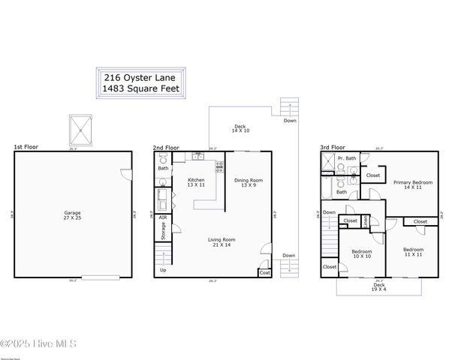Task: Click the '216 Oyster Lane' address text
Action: coord(140,77)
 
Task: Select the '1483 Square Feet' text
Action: coord(140,88)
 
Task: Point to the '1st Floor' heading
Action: coord(26,148)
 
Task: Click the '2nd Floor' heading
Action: coord(165,148)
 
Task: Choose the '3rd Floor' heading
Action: coord(332,148)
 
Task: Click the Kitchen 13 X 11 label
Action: coord(196,182)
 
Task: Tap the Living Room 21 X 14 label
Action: coord(221,243)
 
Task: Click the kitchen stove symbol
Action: coord(220,166)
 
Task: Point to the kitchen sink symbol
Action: coord(198,156)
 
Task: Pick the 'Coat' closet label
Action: coord(264,273)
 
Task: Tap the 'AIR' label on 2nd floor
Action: coord(163,217)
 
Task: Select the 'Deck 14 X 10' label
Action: coord(240,128)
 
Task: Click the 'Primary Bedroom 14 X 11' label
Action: coord(413,184)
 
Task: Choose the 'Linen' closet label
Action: coord(366,220)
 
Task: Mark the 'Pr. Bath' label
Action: coord(346,159)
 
